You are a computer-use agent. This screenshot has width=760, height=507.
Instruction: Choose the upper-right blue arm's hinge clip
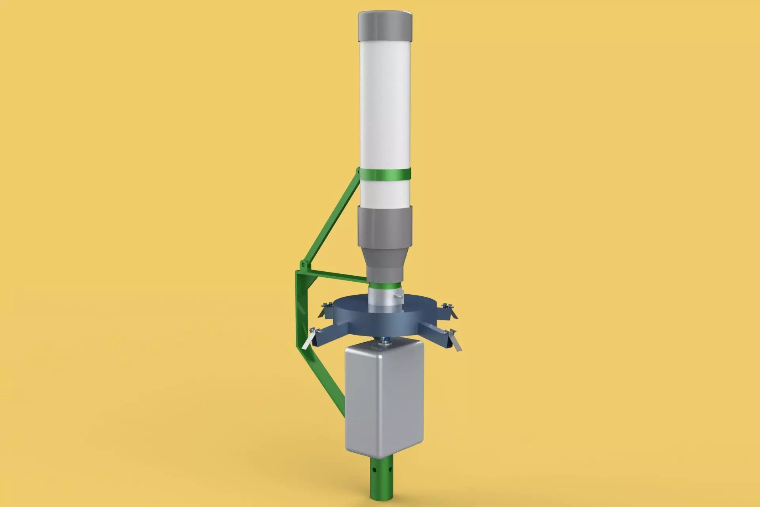click(x=448, y=307)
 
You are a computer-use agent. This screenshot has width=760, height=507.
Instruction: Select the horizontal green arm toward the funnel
click(x=336, y=277)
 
